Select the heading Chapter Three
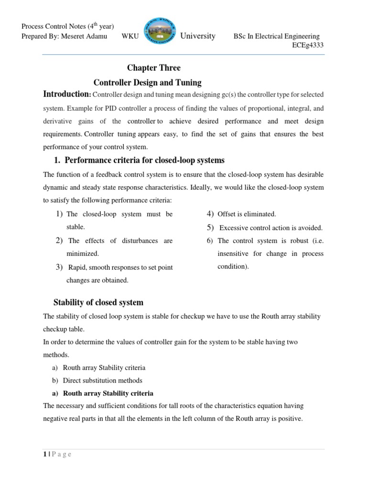tap(153, 68)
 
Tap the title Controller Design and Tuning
tap(147, 82)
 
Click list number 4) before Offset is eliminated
tap(209, 214)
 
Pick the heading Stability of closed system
tap(98, 302)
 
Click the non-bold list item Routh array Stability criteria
tap(104, 368)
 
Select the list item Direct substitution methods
tap(102, 381)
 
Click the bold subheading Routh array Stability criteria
tap(108, 393)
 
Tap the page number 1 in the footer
tap(44, 454)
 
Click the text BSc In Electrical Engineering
tap(276, 37)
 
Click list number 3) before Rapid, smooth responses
tap(60, 267)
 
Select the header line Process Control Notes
tap(67, 27)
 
